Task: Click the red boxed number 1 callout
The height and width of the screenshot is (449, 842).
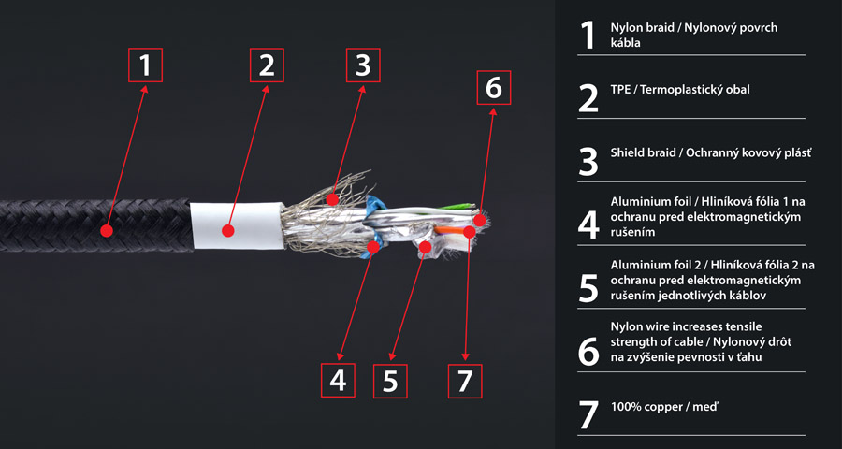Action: (146, 65)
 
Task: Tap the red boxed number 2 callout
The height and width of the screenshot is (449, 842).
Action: (267, 65)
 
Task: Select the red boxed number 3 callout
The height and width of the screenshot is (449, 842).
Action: (363, 65)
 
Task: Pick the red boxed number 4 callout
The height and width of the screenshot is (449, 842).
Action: (338, 381)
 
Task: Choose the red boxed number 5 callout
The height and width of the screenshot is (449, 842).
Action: (390, 381)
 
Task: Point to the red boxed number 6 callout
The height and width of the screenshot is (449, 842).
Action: (493, 87)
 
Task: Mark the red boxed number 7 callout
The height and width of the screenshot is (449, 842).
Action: (465, 381)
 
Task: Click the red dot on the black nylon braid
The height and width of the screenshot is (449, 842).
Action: (107, 231)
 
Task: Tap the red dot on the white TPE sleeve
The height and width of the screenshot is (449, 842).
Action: (228, 231)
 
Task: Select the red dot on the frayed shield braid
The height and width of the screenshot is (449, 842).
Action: (333, 200)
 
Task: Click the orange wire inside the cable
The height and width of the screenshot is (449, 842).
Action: (447, 230)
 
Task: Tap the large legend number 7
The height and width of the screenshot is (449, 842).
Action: (588, 415)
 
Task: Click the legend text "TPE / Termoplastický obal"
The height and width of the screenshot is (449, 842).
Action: (680, 90)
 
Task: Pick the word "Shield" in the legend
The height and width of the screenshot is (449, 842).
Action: (626, 153)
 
